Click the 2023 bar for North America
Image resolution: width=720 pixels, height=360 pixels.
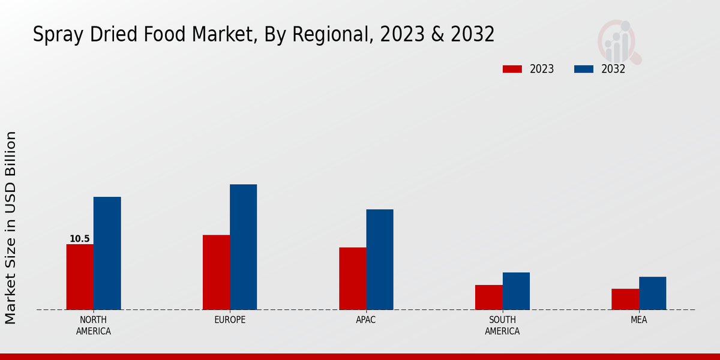(x=80, y=277)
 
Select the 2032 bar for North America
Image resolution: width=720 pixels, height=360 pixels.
(x=107, y=253)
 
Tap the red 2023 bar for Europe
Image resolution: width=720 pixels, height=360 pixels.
(x=216, y=272)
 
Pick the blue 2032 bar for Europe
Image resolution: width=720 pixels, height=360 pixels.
(x=243, y=247)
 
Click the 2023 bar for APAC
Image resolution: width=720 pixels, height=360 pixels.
(x=352, y=278)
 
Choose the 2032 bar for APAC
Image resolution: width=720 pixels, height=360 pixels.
(x=380, y=259)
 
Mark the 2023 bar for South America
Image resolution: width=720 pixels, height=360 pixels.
(x=489, y=297)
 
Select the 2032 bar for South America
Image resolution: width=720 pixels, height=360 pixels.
(x=516, y=291)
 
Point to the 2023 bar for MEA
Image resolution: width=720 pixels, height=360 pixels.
(x=625, y=299)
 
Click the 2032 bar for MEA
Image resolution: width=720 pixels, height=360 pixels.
(x=652, y=293)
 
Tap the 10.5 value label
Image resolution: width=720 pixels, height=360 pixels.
(x=79, y=239)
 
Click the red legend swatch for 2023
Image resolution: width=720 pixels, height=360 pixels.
(x=512, y=69)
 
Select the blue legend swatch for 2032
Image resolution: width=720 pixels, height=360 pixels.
(x=584, y=69)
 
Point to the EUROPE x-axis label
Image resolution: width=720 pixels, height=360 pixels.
(x=230, y=320)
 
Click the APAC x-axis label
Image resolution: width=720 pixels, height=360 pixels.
(x=366, y=320)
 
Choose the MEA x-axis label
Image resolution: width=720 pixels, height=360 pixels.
(x=639, y=320)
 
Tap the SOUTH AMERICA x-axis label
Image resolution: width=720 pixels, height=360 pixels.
(x=502, y=325)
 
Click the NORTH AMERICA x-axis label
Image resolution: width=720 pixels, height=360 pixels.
(x=94, y=325)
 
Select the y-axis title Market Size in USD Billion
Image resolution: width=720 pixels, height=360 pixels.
(x=11, y=228)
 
